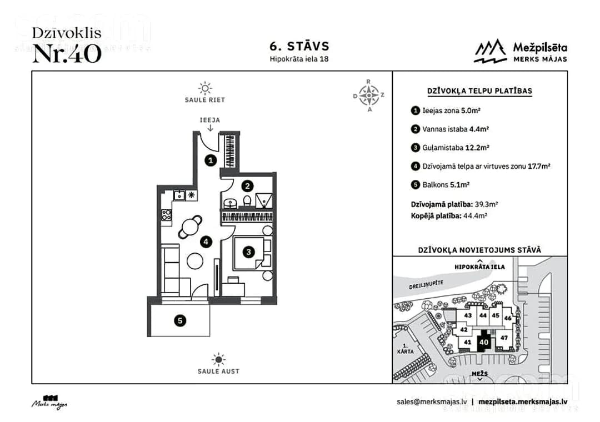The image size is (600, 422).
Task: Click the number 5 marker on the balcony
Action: [180, 320]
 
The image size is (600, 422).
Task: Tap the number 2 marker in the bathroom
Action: [247, 187]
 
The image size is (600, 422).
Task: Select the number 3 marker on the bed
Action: [249, 252]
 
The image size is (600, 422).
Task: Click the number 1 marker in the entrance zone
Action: [211, 160]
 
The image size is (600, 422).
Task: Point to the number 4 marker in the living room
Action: [206, 242]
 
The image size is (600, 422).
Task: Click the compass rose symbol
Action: [368, 96]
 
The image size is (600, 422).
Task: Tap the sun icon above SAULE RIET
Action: [205, 88]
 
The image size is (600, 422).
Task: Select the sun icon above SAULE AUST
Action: [218, 360]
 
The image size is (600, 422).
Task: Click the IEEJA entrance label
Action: [209, 120]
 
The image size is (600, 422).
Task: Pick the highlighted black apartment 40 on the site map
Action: [484, 341]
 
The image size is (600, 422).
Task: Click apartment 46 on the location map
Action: [508, 318]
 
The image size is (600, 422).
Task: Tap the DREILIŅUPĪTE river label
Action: [426, 284]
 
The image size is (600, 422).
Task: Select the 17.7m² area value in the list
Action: [539, 166]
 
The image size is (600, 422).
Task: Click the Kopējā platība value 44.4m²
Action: [475, 216]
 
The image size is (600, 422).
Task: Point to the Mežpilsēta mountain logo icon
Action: [490, 51]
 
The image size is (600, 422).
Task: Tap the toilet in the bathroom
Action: [247, 201]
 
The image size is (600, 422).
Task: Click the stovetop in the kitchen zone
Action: [166, 215]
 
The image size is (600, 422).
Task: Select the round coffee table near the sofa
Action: [195, 261]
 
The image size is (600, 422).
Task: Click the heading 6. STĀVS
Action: [299, 46]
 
